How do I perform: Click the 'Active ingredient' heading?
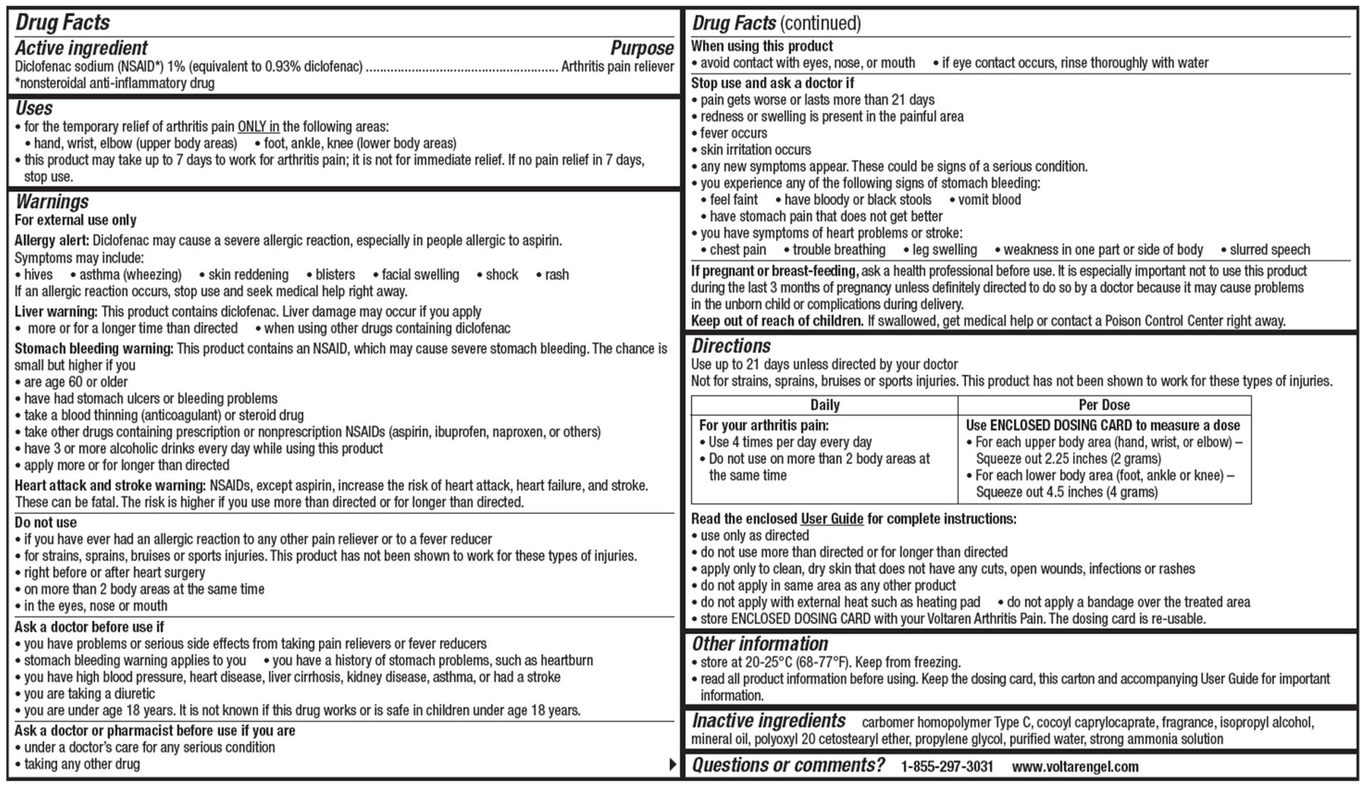pos(81,48)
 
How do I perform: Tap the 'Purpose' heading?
pos(641,48)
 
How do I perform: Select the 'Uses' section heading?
pos(34,108)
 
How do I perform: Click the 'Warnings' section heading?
pos(52,201)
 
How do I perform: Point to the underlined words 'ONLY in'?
pos(258,127)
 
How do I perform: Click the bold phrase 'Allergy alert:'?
pos(52,241)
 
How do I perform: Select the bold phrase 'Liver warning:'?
pos(56,312)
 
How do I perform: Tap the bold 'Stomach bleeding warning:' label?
pos(94,349)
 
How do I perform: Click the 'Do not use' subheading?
pos(46,522)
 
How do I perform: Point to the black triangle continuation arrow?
pos(672,765)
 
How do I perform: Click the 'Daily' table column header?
pos(824,405)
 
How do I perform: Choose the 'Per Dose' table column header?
pos(1104,405)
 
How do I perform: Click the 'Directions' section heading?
pos(731,346)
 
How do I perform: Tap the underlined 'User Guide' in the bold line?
pos(832,519)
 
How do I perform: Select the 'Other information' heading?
pos(760,643)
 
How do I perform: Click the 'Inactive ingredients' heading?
pos(769,721)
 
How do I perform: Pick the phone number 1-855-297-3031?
pos(946,767)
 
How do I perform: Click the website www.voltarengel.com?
pos(1074,767)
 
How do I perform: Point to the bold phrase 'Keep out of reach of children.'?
pos(777,321)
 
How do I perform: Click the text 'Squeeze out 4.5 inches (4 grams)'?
pos(1067,492)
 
